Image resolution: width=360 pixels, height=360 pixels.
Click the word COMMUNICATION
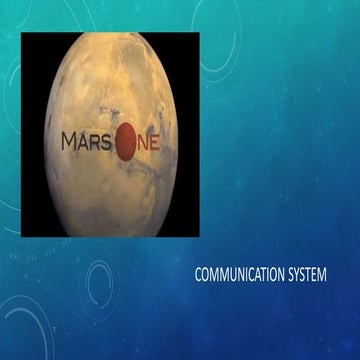click(x=241, y=273)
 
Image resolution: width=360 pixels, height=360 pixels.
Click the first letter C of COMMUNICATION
click(x=198, y=273)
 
